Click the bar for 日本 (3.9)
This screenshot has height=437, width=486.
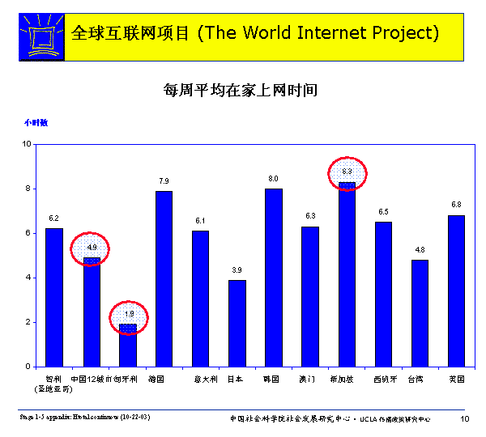pos(237,323)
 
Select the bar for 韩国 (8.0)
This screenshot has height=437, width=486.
pos(274,278)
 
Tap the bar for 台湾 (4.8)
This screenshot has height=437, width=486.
pos(420,313)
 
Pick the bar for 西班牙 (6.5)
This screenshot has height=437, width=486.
pos(383,294)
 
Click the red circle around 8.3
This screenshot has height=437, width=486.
pos(347,172)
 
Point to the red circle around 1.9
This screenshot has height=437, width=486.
pos(128,315)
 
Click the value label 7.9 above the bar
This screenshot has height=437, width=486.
pos(164,180)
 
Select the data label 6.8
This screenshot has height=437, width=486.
pos(456,204)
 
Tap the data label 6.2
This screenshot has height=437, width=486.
pos(53,218)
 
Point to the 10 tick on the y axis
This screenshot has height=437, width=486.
pos(27,144)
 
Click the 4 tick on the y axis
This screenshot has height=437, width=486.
pos(28,278)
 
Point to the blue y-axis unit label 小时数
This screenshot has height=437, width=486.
pos(35,123)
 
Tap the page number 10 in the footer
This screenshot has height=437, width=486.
pos(465,418)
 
